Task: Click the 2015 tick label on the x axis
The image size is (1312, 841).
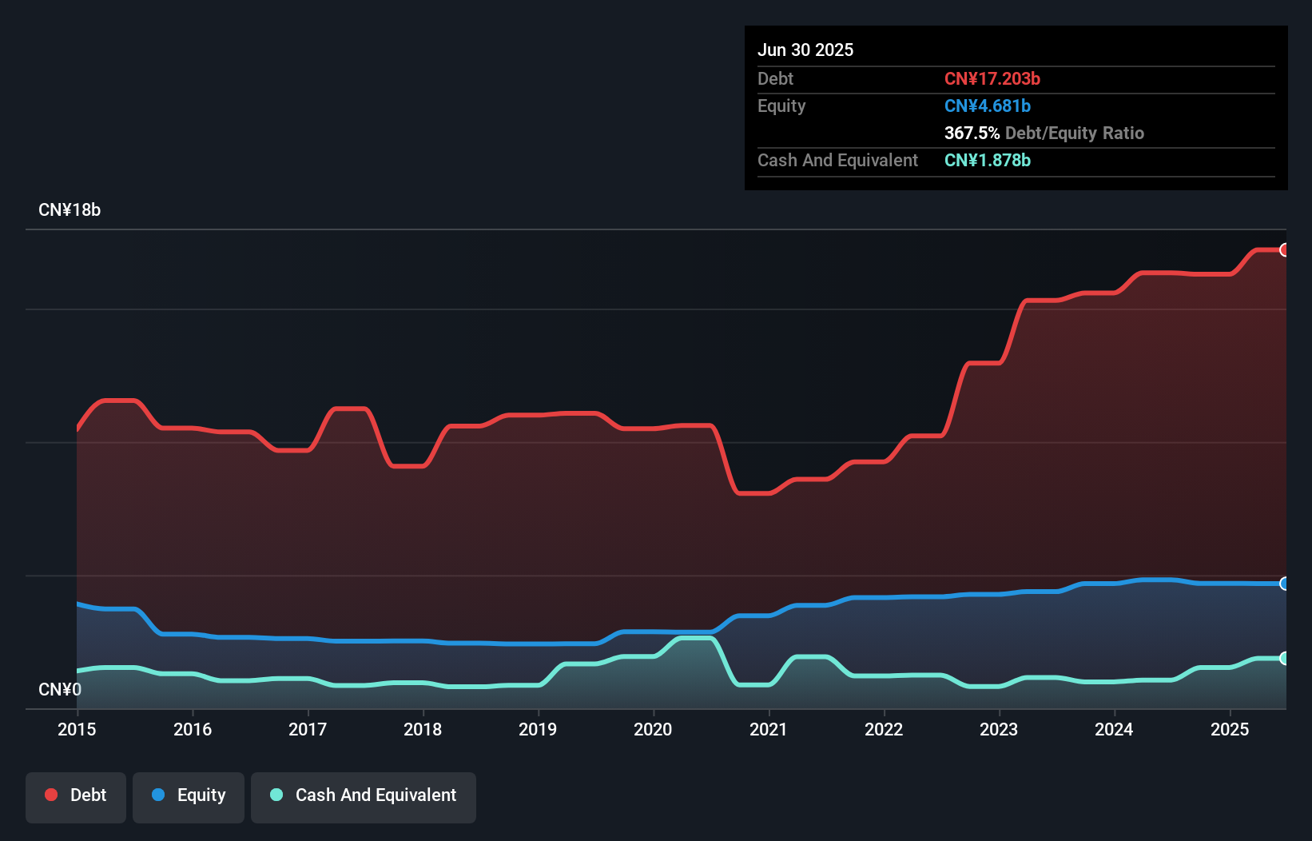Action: point(77,729)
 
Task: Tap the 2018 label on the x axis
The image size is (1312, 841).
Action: point(423,729)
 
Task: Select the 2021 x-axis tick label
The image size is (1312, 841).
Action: point(768,729)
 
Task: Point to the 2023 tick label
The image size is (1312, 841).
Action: point(999,729)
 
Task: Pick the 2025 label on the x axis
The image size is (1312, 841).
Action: point(1230,729)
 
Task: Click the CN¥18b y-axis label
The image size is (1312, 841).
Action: point(70,210)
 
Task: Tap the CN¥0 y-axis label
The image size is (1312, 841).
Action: point(60,689)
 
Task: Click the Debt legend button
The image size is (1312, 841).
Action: point(76,795)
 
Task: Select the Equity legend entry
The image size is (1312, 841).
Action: point(189,795)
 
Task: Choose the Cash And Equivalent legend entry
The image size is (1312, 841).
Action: point(364,795)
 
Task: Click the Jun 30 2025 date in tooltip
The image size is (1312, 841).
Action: point(805,50)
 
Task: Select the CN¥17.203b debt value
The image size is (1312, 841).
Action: point(992,78)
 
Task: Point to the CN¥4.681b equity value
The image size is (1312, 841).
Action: point(988,106)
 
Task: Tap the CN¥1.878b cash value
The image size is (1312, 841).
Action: point(988,160)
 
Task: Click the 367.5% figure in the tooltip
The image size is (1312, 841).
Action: point(972,133)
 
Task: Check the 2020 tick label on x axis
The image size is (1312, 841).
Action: point(653,729)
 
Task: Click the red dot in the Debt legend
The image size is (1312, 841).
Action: point(51,795)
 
